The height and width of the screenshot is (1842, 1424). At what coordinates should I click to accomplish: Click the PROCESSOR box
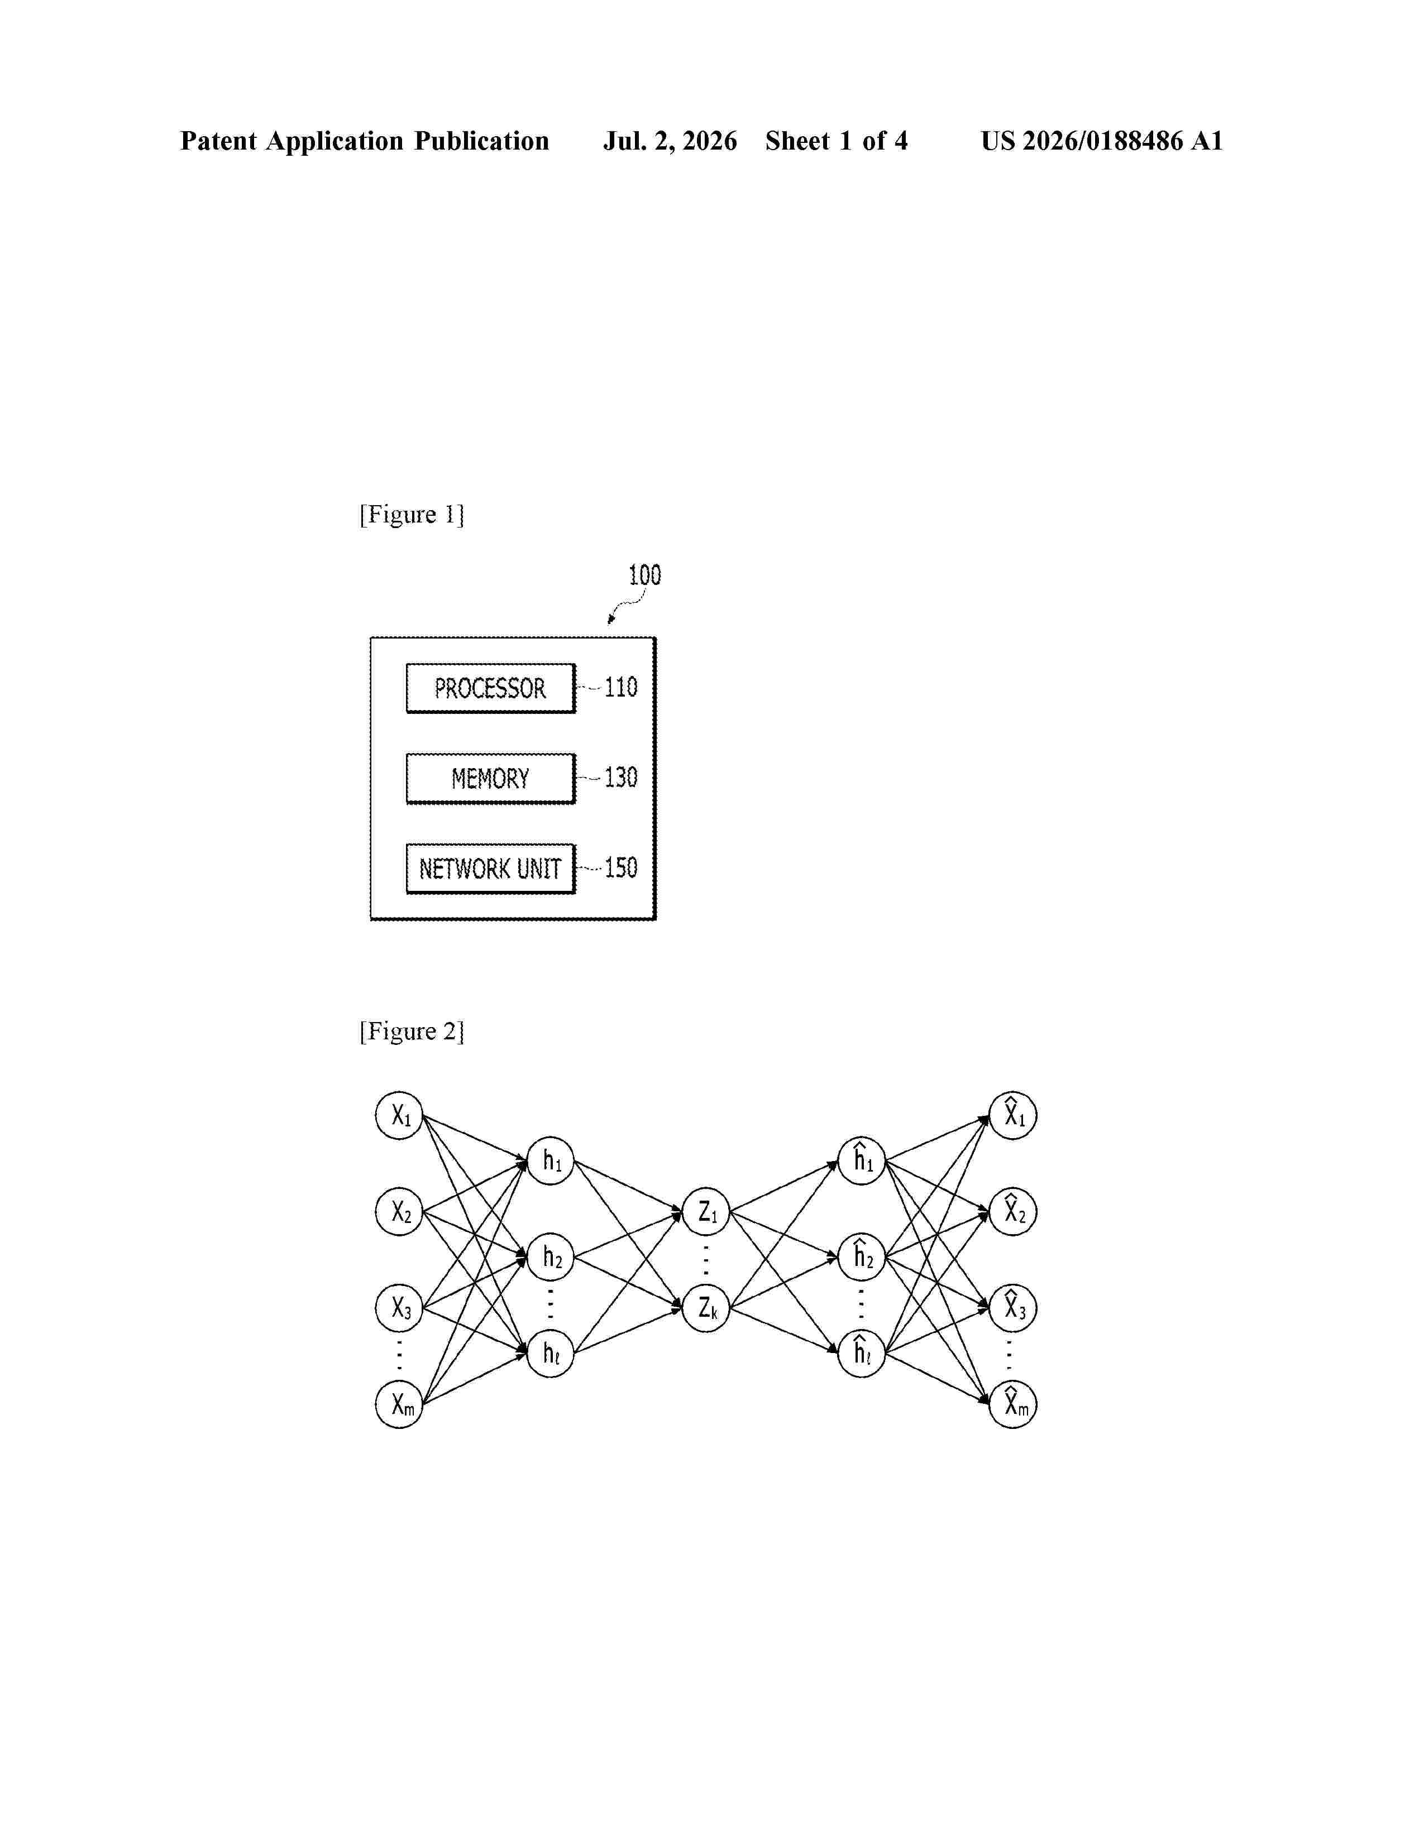(x=490, y=688)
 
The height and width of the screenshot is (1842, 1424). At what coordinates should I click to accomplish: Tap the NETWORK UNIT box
(x=490, y=869)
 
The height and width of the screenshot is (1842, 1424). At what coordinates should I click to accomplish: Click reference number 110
(x=621, y=687)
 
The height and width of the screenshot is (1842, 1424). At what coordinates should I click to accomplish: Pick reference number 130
(x=621, y=778)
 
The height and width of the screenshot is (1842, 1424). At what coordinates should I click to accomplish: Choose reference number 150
(x=621, y=868)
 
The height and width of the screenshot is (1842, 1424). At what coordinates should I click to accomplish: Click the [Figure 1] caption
(x=412, y=515)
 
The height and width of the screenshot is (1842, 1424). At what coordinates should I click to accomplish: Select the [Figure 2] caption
(x=412, y=1032)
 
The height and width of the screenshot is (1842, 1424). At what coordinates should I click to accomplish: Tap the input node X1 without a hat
(x=399, y=1115)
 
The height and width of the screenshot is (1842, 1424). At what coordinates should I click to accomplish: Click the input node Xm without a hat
(x=399, y=1404)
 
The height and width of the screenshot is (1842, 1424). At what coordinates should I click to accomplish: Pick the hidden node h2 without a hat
(x=550, y=1256)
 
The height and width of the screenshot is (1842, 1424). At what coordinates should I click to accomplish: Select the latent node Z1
(x=705, y=1212)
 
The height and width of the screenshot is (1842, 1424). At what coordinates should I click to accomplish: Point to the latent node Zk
(x=705, y=1308)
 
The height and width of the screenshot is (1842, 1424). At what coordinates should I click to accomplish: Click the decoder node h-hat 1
(x=861, y=1160)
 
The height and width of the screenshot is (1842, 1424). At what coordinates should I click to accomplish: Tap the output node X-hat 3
(x=1012, y=1308)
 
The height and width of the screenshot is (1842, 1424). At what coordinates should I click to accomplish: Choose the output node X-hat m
(x=1012, y=1404)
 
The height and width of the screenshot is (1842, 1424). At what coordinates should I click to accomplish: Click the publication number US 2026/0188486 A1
(x=1102, y=141)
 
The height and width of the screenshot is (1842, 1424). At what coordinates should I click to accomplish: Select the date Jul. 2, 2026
(x=670, y=141)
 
